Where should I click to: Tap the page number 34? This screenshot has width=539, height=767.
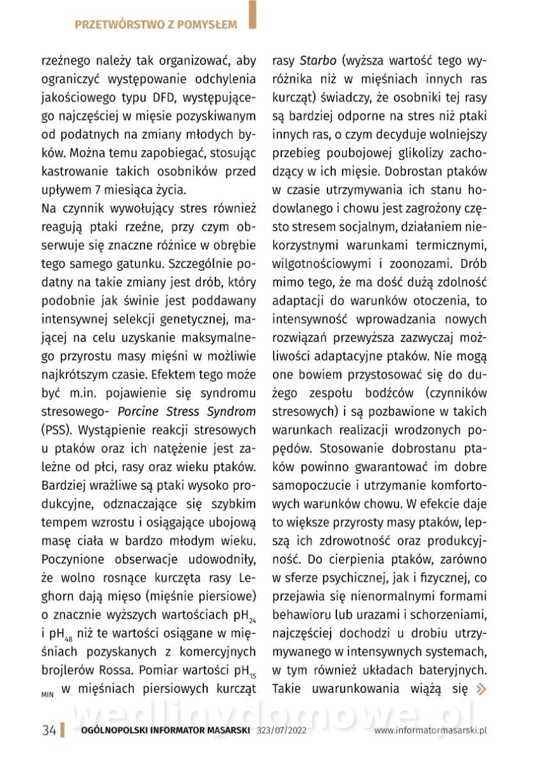(x=49, y=731)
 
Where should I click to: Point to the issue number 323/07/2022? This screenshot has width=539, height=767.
(x=281, y=731)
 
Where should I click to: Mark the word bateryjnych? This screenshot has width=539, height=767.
(x=455, y=670)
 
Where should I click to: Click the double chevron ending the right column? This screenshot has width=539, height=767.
(x=481, y=689)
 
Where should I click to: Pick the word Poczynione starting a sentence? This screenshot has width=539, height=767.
(x=71, y=558)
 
